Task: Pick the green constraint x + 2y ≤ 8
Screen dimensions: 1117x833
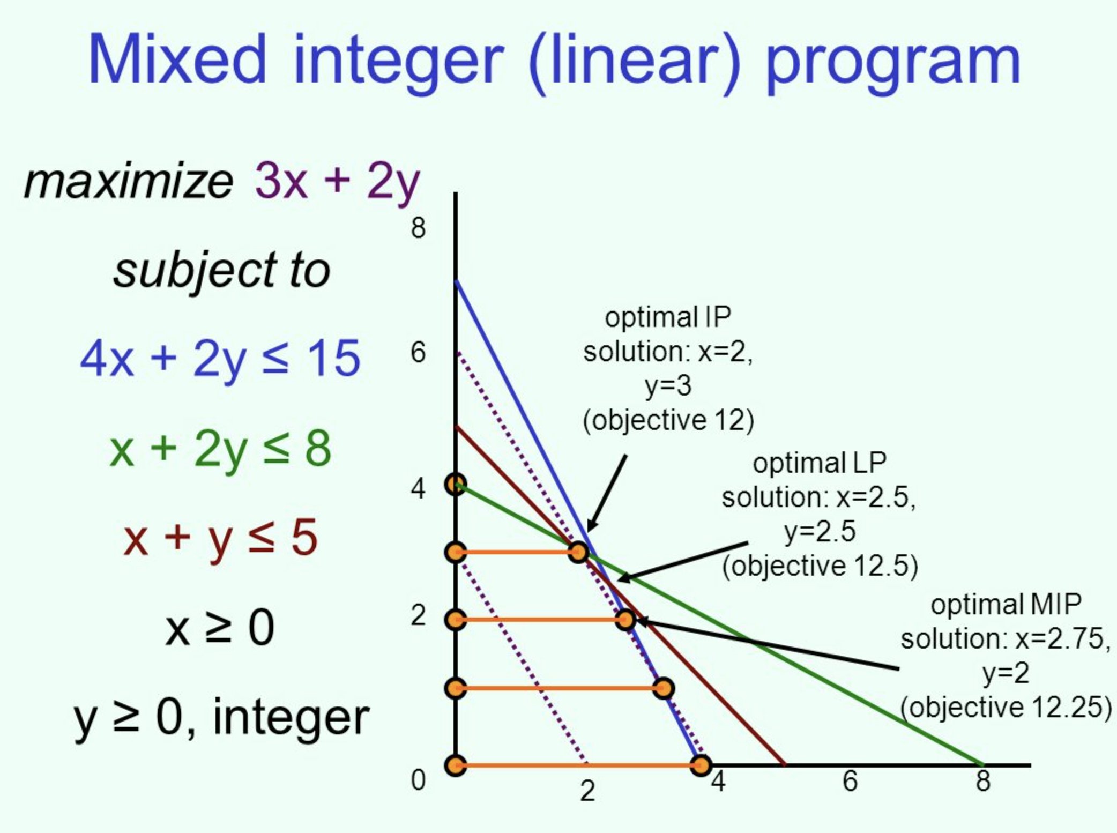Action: pos(220,449)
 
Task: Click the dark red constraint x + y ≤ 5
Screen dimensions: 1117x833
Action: pos(220,538)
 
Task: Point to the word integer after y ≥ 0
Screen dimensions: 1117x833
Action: pos(291,718)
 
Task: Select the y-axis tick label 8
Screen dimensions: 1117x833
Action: pos(418,228)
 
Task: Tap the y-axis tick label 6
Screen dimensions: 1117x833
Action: pos(418,353)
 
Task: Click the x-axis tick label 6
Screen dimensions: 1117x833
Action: pos(850,780)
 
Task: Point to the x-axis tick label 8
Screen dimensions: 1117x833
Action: pos(982,780)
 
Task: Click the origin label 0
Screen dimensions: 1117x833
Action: pos(418,780)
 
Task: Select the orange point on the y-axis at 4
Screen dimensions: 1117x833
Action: pos(456,485)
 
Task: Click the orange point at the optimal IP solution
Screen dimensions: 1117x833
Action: pos(578,552)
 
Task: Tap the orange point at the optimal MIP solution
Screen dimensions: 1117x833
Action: pos(625,620)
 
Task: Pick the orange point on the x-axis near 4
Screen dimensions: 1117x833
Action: pos(701,765)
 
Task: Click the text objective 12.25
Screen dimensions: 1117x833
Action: pos(1006,708)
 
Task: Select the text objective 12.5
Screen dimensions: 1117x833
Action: pos(820,566)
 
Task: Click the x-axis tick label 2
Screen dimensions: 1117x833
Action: pos(587,791)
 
